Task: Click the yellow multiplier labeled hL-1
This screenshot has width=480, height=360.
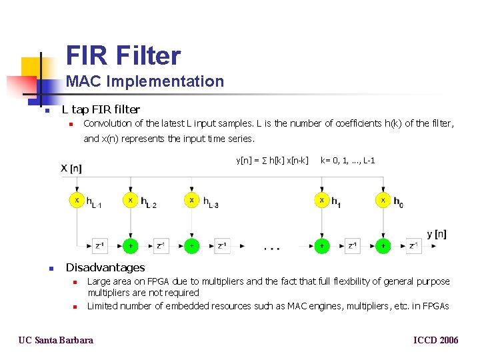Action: (x=77, y=199)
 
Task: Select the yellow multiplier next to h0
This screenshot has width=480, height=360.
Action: (x=383, y=199)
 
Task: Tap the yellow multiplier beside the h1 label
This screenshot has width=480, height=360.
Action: (x=321, y=199)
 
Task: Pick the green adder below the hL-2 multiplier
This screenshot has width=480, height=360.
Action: (x=131, y=246)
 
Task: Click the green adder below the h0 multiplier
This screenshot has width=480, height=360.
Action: (x=383, y=246)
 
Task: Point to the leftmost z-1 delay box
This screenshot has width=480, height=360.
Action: (x=99, y=246)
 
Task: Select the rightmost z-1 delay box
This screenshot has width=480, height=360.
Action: (x=414, y=246)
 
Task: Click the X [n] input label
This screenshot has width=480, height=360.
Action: (x=71, y=168)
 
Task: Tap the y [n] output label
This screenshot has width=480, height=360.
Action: (x=437, y=234)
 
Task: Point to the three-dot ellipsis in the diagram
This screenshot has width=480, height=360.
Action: (x=271, y=249)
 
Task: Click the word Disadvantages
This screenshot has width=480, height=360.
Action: (x=105, y=267)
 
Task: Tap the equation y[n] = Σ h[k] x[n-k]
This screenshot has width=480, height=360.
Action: (x=272, y=160)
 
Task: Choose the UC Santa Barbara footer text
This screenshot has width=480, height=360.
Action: (x=56, y=340)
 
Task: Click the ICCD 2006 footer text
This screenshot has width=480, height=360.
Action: (x=436, y=340)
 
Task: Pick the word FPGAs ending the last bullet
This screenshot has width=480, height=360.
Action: (x=435, y=306)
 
